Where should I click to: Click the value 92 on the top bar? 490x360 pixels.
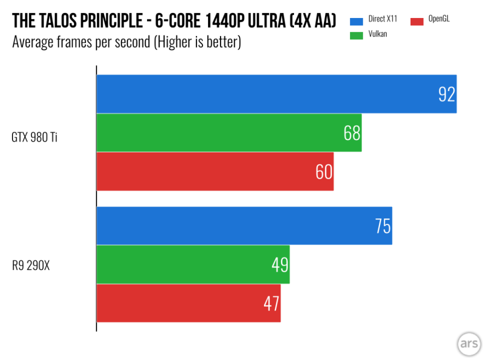[446, 95]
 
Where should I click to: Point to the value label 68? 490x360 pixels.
[352, 133]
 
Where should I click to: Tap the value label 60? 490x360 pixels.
[324, 172]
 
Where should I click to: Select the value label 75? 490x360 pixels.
[383, 226]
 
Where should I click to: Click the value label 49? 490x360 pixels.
[280, 265]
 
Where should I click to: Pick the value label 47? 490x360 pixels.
[271, 303]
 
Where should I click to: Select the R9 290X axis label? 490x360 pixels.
[32, 266]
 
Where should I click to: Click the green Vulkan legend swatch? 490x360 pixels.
[357, 34]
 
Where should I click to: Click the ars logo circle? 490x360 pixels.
[469, 343]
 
